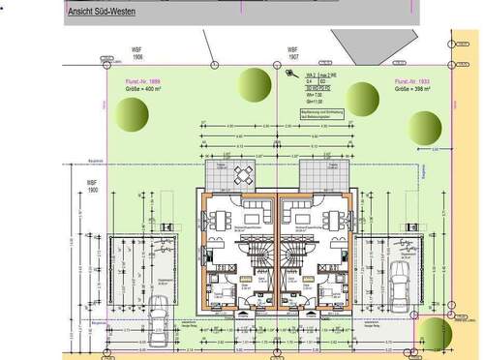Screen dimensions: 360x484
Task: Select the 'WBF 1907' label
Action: [291, 53]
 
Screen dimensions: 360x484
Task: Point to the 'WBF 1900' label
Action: [92, 186]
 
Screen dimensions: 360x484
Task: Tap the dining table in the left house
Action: [220, 218]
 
